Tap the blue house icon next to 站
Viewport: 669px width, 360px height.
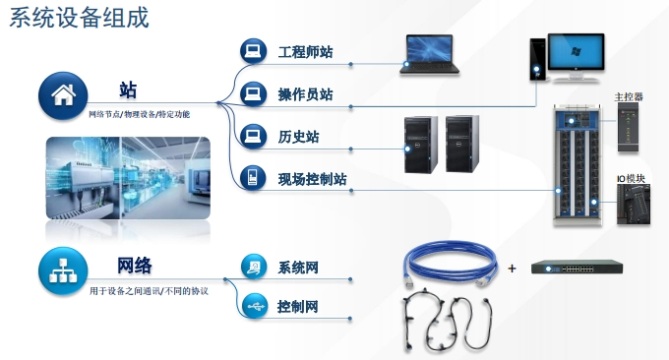pyautogui.click(x=62, y=95)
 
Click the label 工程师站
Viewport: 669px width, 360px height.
pyautogui.click(x=305, y=50)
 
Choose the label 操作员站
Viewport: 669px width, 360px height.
pyautogui.click(x=305, y=94)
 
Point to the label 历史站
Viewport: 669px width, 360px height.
pyautogui.click(x=298, y=137)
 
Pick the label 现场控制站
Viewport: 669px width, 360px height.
pyautogui.click(x=312, y=179)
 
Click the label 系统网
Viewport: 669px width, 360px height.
pyautogui.click(x=298, y=268)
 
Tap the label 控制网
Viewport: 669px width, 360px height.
pyautogui.click(x=298, y=307)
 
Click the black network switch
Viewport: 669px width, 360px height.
pyautogui.click(x=577, y=267)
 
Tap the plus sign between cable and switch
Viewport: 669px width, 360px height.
pyautogui.click(x=512, y=268)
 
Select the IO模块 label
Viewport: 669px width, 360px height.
pyautogui.click(x=631, y=178)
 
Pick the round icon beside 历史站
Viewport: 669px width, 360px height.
pyautogui.click(x=253, y=136)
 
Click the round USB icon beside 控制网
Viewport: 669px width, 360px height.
pyautogui.click(x=253, y=306)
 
